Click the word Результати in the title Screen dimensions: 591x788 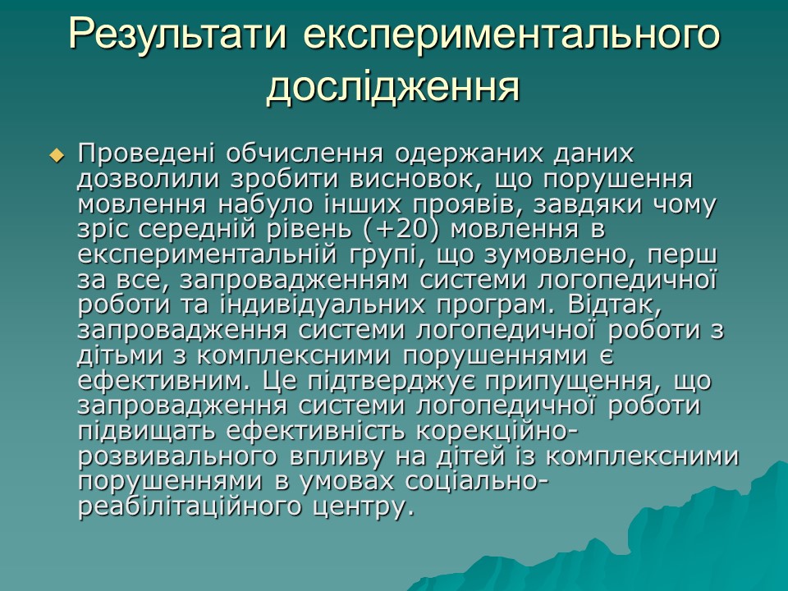(179, 35)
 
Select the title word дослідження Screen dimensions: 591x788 (394, 86)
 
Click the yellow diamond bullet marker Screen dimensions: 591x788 (57, 154)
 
